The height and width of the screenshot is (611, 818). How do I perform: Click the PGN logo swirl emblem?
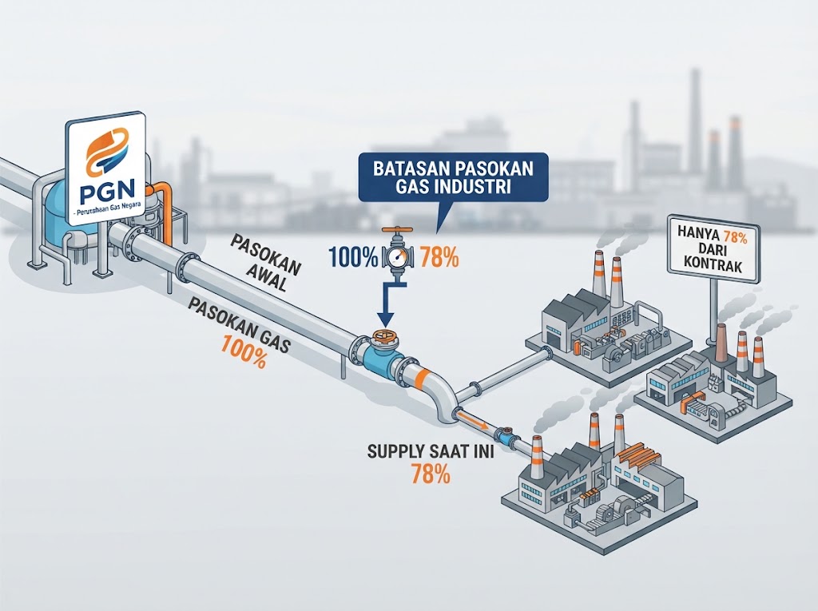tap(107, 152)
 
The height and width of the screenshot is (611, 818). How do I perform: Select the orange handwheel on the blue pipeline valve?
tap(385, 336)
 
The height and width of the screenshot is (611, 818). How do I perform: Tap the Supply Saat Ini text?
tap(431, 451)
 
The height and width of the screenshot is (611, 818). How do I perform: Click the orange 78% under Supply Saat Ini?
tap(431, 474)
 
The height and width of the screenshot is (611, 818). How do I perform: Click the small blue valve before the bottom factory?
tap(505, 434)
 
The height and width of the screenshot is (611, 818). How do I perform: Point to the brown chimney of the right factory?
tap(722, 343)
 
